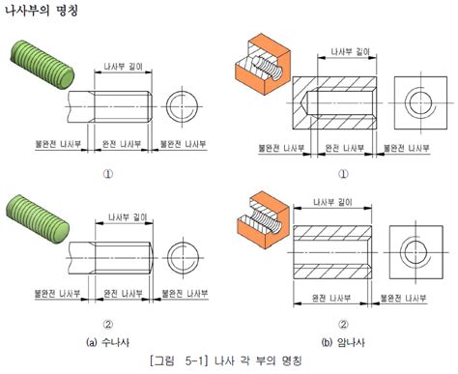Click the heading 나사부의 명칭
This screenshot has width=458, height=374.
43,13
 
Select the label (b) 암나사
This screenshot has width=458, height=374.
341,341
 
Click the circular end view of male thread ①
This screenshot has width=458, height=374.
183,104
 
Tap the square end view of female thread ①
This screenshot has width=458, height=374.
418,101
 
